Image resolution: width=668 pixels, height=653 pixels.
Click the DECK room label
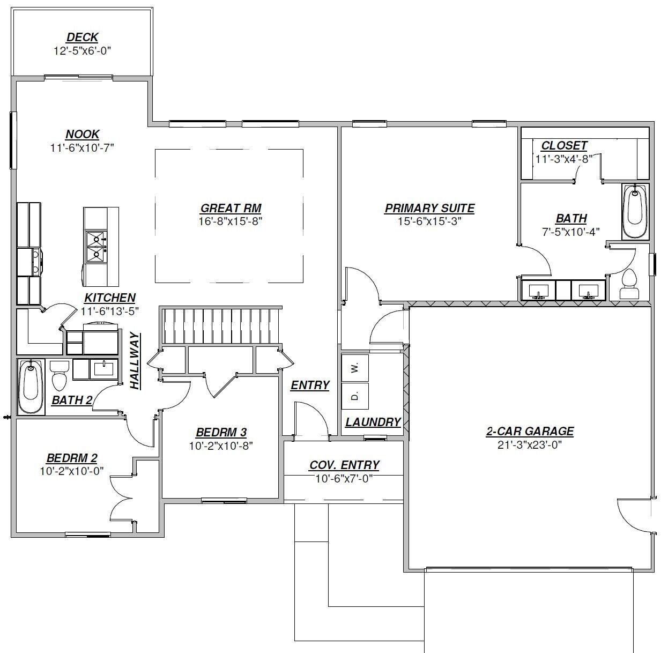(83, 37)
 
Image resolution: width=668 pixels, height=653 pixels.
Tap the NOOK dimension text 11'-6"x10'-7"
(82, 148)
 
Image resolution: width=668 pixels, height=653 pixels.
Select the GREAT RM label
(231, 208)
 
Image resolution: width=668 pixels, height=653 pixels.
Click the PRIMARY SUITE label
(429, 208)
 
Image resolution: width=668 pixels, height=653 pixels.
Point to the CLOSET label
(565, 146)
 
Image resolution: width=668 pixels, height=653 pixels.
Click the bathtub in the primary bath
(635, 211)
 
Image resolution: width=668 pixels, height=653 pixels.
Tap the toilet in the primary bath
(629, 284)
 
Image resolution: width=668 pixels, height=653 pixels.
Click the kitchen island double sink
(96, 246)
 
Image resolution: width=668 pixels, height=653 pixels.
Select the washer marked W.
(355, 367)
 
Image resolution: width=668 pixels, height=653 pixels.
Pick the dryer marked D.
(355, 396)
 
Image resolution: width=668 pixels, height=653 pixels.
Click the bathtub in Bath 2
(31, 387)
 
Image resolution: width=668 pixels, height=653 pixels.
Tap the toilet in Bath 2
(60, 375)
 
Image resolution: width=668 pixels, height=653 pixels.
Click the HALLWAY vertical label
(135, 360)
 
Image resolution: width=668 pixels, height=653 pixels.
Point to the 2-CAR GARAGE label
(530, 431)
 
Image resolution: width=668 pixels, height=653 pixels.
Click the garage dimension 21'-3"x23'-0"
(530, 445)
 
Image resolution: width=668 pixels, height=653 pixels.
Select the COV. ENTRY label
(344, 465)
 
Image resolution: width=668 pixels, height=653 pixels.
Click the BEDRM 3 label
(221, 432)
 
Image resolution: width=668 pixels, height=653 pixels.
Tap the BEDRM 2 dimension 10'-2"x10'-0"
(72, 471)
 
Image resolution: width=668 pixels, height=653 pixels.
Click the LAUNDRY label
(373, 422)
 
